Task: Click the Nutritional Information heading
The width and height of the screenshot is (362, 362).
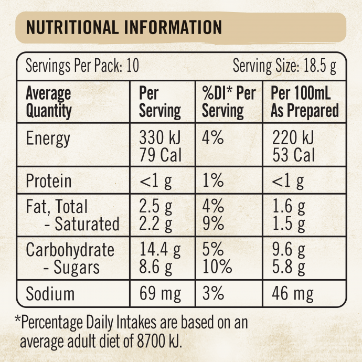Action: click(x=124, y=27)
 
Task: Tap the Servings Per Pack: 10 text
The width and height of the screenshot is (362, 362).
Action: click(x=82, y=67)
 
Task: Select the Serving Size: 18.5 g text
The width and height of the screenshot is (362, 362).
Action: click(x=284, y=67)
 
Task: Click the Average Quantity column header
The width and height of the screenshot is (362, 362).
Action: click(x=49, y=102)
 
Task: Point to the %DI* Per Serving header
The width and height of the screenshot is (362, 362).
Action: click(x=229, y=102)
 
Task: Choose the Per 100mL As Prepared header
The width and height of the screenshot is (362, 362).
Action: click(x=304, y=102)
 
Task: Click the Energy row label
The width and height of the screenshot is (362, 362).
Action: click(x=48, y=139)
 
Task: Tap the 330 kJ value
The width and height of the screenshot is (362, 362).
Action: click(x=159, y=139)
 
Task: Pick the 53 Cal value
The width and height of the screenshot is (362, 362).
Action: click(x=294, y=155)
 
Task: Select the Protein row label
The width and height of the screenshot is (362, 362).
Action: click(x=49, y=182)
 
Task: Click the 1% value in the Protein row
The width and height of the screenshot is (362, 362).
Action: click(x=213, y=182)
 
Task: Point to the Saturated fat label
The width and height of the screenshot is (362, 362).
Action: click(x=82, y=224)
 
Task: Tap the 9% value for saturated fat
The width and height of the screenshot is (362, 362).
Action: click(x=214, y=224)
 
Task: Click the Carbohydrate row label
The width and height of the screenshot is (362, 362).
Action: click(x=70, y=250)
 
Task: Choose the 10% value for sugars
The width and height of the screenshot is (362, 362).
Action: click(x=217, y=267)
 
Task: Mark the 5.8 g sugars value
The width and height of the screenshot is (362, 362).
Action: click(x=289, y=267)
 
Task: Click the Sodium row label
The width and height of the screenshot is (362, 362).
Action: click(x=50, y=293)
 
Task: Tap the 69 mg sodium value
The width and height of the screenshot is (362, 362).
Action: click(x=161, y=293)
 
